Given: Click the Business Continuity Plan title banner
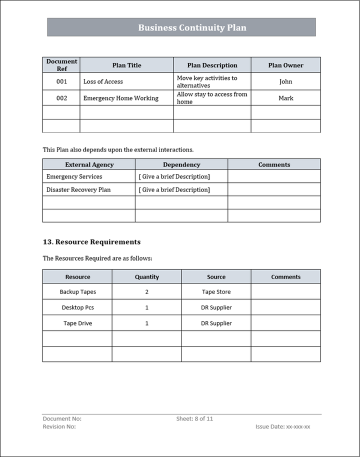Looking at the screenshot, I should (x=192, y=27).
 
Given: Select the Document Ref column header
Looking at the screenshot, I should (x=61, y=65).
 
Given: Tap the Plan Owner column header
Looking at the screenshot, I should (x=285, y=65).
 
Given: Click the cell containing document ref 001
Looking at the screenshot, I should (x=61, y=81).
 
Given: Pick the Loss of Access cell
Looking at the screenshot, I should (x=103, y=81).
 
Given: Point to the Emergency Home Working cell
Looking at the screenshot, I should (x=120, y=98).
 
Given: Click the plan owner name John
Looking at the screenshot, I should (x=285, y=81).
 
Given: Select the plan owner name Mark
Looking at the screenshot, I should (x=285, y=98).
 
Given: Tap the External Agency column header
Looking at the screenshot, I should (x=89, y=164).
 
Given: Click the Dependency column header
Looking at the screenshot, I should (x=181, y=164).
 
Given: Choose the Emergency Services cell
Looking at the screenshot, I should (x=74, y=176).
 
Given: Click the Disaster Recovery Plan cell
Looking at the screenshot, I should (x=78, y=190).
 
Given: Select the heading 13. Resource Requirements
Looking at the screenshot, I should (x=91, y=242).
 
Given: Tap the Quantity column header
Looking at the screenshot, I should (x=147, y=277).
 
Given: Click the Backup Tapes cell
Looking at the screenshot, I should (x=77, y=292).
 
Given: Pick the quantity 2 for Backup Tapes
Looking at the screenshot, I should (x=147, y=292).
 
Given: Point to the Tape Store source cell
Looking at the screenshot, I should (x=216, y=292).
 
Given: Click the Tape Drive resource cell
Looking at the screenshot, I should (x=77, y=323).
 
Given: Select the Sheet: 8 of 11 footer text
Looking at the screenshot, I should (x=194, y=419).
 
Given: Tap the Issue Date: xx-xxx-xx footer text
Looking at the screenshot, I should (x=282, y=427).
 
